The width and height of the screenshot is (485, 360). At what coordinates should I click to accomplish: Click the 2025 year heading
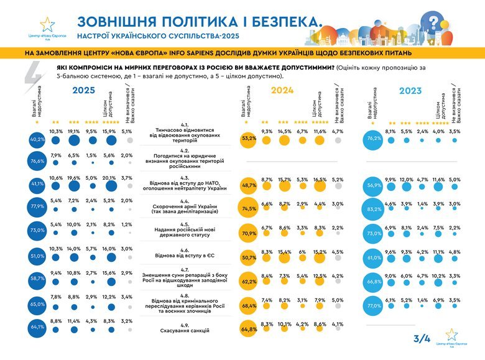point(83,90)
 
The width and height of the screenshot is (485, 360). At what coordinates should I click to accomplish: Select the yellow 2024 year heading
point(282,90)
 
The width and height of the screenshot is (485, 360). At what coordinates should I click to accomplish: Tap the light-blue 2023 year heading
point(410,90)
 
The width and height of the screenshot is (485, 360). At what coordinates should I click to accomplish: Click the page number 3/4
point(422,338)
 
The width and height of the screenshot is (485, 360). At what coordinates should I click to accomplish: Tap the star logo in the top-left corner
point(47,24)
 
